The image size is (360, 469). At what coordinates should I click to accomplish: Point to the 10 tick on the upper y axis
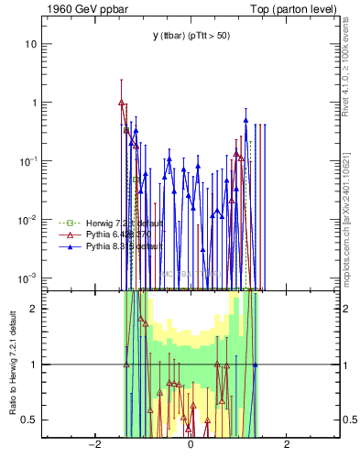[x=30, y=44]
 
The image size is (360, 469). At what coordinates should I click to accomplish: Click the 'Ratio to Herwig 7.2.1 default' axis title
[x=12, y=363]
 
